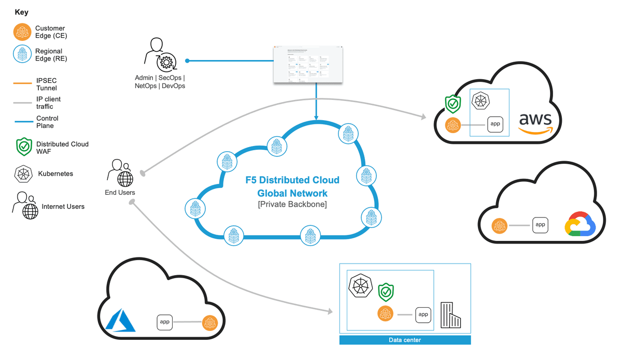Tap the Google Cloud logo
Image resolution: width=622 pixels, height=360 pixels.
click(581, 225)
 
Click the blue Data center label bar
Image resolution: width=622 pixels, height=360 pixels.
click(405, 340)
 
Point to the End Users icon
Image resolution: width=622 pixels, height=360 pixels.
click(120, 174)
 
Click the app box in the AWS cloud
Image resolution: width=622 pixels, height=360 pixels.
click(495, 124)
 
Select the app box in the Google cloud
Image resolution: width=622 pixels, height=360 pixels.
click(540, 225)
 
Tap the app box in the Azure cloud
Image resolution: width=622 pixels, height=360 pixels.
click(165, 322)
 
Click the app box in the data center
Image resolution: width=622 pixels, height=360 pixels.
click(423, 314)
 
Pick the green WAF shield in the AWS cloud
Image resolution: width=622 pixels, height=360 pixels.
click(453, 104)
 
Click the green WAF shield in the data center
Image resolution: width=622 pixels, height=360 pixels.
click(386, 292)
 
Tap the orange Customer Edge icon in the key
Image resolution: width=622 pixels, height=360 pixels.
click(22, 33)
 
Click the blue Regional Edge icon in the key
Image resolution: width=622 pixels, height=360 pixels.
click(22, 54)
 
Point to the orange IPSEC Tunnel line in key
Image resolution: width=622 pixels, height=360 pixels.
click(22, 82)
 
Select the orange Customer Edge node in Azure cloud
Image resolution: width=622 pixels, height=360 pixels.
click(210, 322)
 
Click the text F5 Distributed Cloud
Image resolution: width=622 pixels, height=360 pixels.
click(292, 180)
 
